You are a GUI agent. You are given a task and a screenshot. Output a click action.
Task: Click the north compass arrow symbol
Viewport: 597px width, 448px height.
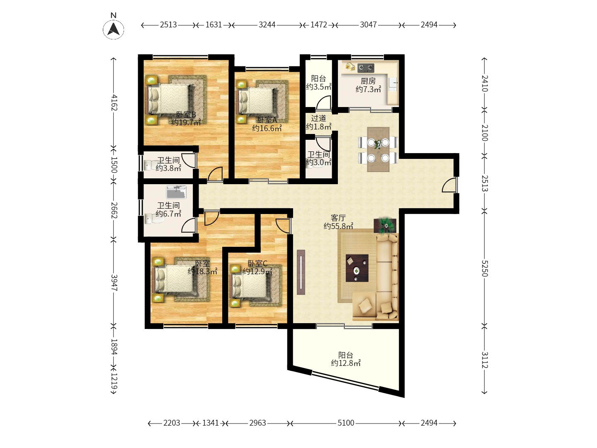point(114,29)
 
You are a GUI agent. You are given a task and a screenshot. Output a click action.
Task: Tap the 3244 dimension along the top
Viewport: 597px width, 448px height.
point(267,25)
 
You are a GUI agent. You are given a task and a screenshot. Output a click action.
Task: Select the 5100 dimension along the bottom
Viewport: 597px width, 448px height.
point(346,423)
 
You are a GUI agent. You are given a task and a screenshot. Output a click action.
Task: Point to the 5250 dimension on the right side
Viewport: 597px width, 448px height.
point(485,268)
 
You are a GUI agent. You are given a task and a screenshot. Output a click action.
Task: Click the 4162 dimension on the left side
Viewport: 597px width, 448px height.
point(114,102)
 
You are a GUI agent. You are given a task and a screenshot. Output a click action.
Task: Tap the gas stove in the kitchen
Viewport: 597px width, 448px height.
point(366,68)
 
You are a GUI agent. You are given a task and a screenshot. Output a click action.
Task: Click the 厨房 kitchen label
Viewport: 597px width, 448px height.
point(368,81)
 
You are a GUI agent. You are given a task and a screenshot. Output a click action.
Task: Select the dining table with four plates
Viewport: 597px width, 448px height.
point(378,149)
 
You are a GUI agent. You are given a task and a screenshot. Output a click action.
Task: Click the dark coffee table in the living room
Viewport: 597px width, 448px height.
point(357,268)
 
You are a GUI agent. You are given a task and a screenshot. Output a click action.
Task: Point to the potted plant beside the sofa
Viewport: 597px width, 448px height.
point(385,226)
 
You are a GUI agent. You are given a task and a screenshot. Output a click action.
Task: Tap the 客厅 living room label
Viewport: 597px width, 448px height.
point(338,218)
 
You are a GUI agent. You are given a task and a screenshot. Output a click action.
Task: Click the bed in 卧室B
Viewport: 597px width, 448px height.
point(169,99)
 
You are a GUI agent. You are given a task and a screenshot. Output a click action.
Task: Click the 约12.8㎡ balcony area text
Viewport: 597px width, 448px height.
point(346,363)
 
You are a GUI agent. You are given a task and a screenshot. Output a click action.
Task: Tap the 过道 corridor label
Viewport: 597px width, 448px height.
point(318,118)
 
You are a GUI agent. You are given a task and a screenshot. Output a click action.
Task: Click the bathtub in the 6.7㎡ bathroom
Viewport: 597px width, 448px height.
point(176,192)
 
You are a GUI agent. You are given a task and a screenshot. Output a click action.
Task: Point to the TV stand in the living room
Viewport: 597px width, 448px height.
point(301,272)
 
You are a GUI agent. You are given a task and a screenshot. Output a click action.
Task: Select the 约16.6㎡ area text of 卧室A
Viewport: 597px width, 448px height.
point(267,128)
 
